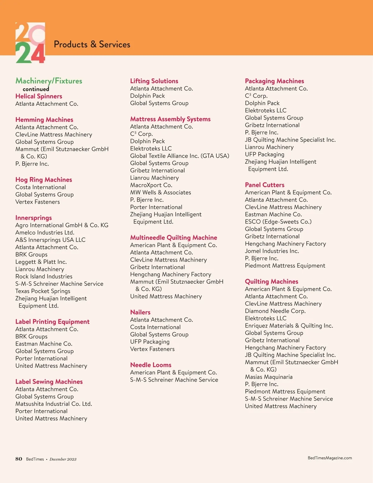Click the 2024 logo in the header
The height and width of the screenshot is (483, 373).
[30, 43]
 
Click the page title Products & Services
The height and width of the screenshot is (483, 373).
[92, 44]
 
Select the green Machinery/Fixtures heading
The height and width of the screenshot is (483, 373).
[49, 81]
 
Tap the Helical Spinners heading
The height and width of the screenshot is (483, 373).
[39, 96]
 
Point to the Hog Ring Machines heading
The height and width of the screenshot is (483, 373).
[44, 179]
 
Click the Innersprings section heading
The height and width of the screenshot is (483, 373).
[34, 218]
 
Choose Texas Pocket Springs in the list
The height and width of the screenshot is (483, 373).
[43, 291]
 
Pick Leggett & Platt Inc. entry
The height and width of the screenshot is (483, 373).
[41, 262]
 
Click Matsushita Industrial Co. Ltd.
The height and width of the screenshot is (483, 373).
[54, 404]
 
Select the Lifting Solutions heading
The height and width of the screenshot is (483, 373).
[154, 81]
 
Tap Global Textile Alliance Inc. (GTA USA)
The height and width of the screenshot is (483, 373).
[180, 156]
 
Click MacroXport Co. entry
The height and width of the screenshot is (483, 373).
[151, 185]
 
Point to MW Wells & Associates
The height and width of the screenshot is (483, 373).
[161, 193]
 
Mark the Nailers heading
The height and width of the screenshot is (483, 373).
[140, 312]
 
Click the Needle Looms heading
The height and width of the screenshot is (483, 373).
[151, 365]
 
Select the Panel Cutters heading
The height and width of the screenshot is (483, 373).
[265, 185]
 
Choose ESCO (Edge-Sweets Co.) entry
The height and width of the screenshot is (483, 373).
[278, 222]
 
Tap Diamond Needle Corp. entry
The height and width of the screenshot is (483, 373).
[275, 311]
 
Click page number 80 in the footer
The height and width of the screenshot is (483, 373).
[19, 459]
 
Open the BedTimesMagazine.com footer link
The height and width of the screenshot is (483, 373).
[330, 458]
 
